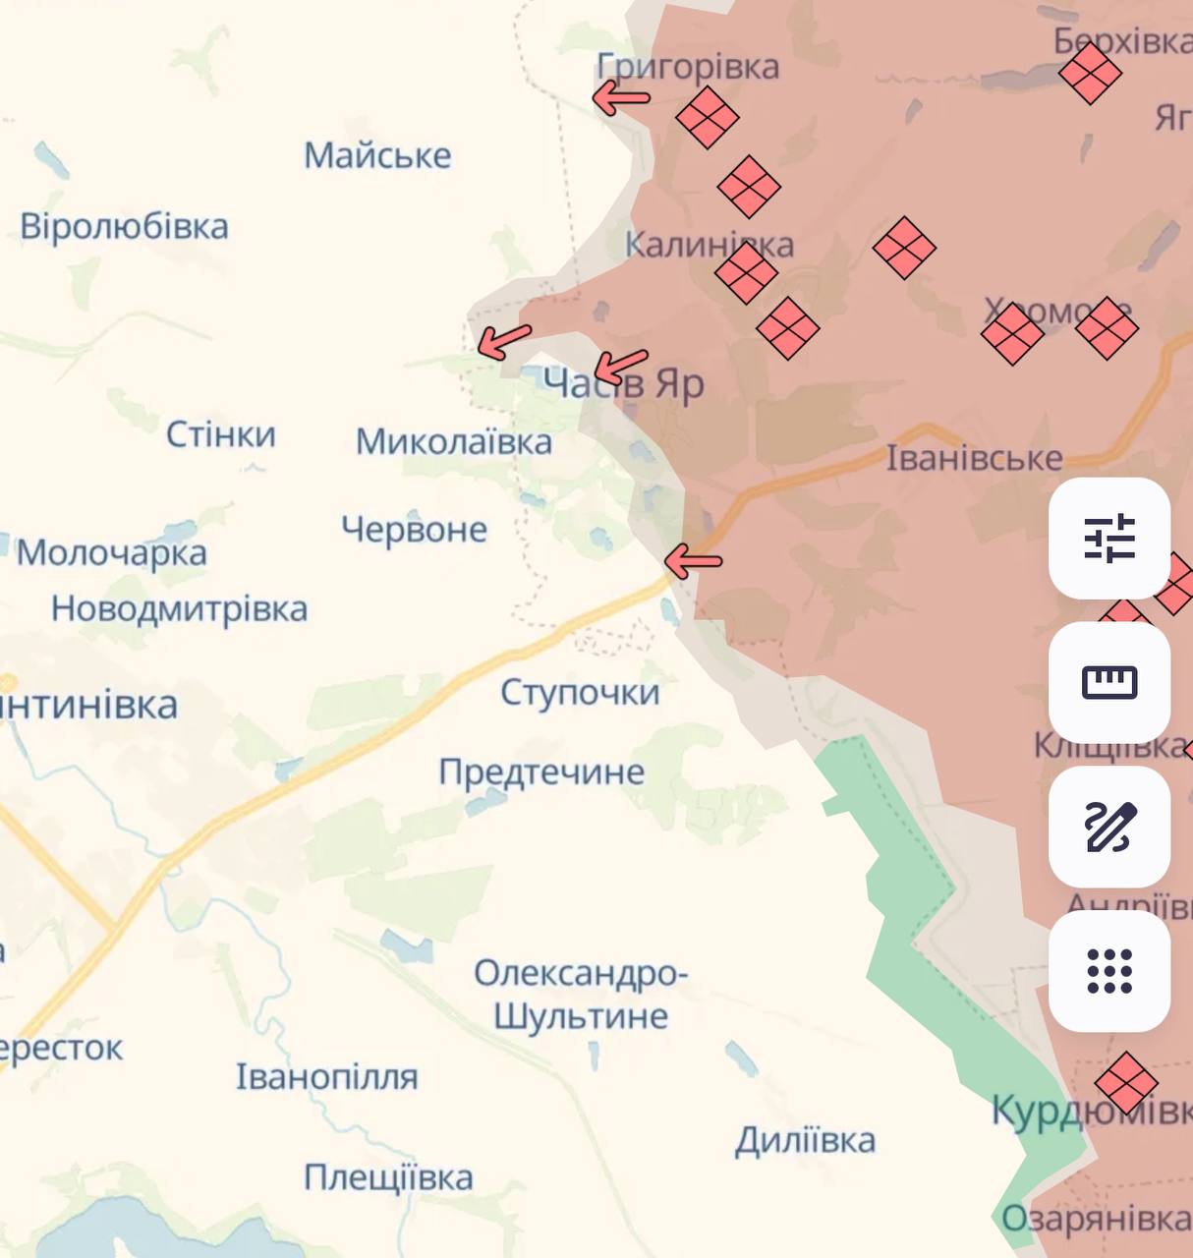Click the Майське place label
click(x=377, y=155)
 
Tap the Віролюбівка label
click(x=124, y=227)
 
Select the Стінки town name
click(x=220, y=434)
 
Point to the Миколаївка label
click(x=453, y=441)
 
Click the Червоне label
click(x=414, y=530)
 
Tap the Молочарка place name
click(x=111, y=552)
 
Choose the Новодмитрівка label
click(x=179, y=609)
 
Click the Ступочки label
click(x=580, y=692)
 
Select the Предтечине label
click(x=541, y=772)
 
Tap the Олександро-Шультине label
click(x=581, y=994)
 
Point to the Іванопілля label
click(x=326, y=1077)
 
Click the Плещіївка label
click(x=388, y=1177)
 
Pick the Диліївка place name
click(x=805, y=1140)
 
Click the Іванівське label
click(x=974, y=458)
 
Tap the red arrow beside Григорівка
click(x=621, y=97)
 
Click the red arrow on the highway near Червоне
click(x=693, y=562)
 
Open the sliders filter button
click(x=1109, y=539)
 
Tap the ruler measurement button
click(x=1109, y=682)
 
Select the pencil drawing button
click(x=1109, y=827)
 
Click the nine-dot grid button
click(x=1109, y=971)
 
